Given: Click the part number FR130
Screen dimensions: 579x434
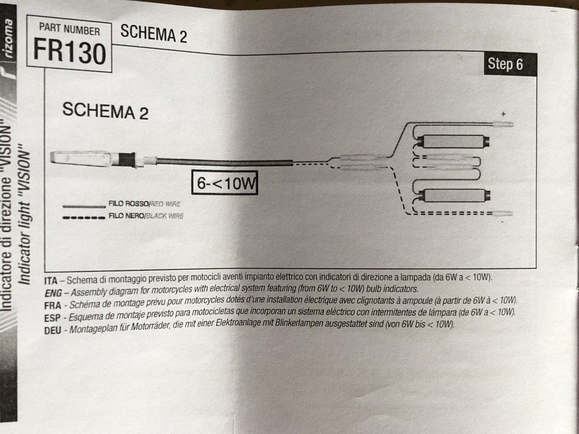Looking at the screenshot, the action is [x=69, y=52].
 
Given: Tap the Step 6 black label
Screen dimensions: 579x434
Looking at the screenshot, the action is [x=510, y=64].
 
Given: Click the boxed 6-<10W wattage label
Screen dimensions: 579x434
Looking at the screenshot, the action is [x=225, y=182].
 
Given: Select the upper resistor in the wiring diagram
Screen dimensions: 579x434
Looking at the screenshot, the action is [x=454, y=142].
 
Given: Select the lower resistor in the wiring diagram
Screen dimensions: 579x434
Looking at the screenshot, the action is [x=454, y=195].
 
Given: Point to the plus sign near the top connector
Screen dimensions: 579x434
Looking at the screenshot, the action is [x=503, y=114].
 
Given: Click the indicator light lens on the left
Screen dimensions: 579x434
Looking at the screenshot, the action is [x=81, y=158].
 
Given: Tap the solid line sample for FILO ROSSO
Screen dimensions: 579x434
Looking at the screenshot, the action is [x=84, y=206].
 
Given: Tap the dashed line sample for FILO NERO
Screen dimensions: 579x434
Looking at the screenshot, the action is [x=84, y=218].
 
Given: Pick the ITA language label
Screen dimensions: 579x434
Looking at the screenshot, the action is [x=51, y=281].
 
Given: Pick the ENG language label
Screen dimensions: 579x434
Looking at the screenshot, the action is [x=53, y=293].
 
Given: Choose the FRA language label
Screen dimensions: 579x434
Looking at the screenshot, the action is [x=53, y=305].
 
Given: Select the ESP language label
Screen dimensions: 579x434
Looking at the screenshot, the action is [x=52, y=318].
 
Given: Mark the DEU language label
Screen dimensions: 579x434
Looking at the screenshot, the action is [x=53, y=330].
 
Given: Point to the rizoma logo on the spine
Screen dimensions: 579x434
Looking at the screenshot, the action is [x=8, y=39].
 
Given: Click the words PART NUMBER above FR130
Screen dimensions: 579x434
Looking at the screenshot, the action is [x=69, y=29].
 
